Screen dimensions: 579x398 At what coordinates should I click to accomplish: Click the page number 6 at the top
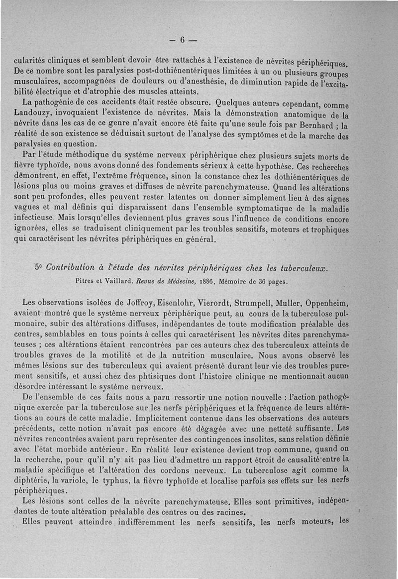182,40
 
